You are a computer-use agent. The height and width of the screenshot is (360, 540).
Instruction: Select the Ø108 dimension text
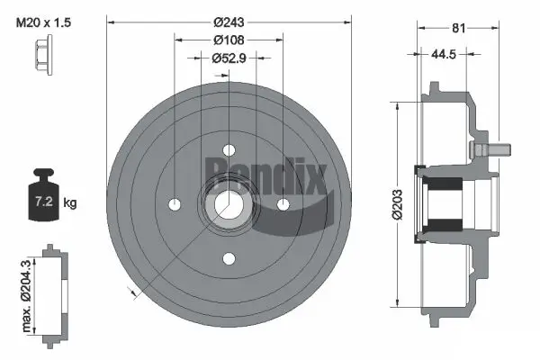[x=229, y=40]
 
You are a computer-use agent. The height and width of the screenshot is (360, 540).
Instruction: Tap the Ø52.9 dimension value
[x=229, y=59]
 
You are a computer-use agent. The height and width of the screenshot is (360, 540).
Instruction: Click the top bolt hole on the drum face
[x=229, y=149]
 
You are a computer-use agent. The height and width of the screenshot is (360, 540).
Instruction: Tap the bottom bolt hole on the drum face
[x=229, y=258]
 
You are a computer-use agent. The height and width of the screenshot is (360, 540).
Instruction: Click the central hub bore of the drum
[x=229, y=204]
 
